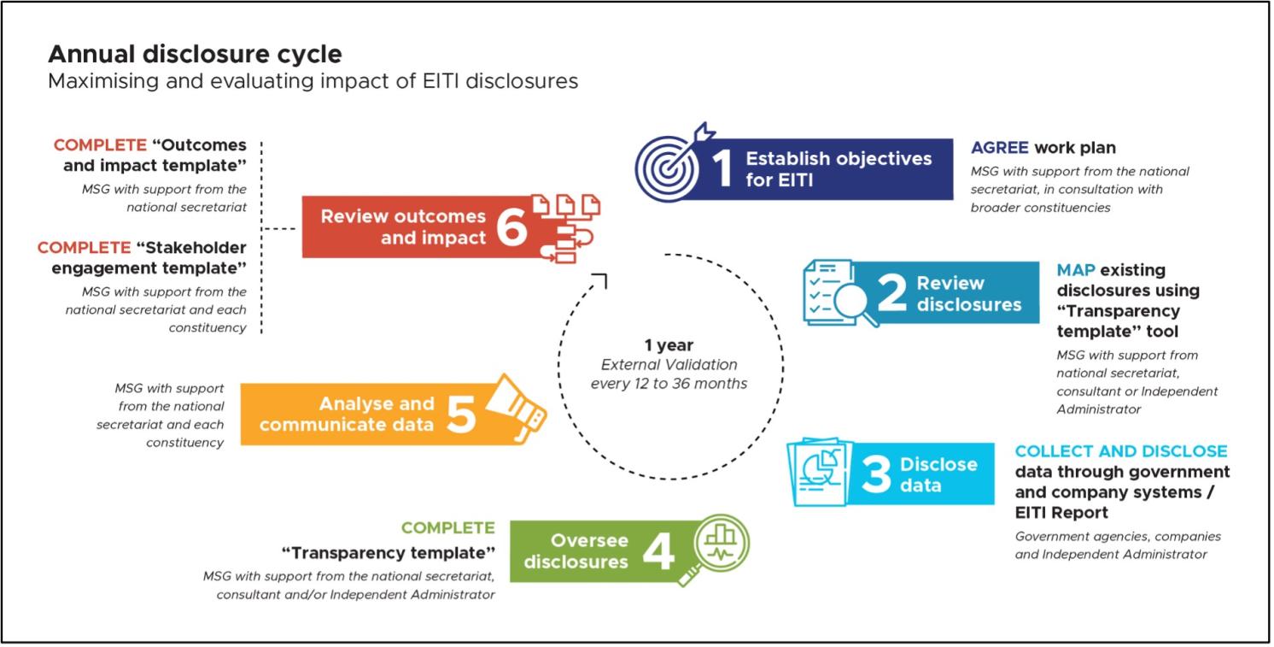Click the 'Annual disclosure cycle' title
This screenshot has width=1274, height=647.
[x=195, y=55]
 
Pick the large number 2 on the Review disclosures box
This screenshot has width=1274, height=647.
[x=892, y=294]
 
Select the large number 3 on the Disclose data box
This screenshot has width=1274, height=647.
[x=876, y=475]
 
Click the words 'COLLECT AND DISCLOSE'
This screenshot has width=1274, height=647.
[x=1121, y=450]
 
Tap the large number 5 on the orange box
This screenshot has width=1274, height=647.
[x=460, y=414]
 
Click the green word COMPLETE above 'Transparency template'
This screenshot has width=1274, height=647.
[x=447, y=527]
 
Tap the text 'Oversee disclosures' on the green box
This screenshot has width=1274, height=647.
[x=576, y=550]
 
